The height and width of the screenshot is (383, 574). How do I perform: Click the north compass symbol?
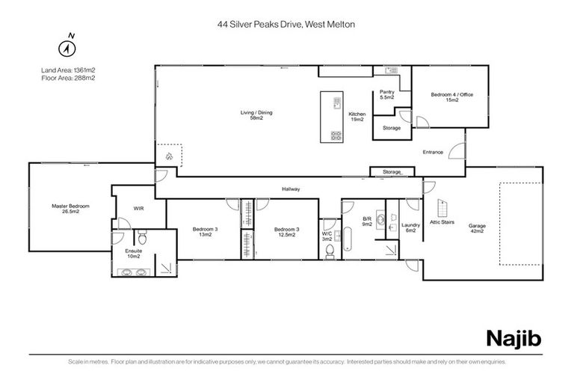(70, 46)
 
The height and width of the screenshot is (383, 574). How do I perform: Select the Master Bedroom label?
(70, 209)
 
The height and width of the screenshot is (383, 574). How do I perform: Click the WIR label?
(138, 208)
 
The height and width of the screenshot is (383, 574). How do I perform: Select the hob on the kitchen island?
(336, 136)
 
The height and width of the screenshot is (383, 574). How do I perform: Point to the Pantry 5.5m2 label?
(386, 95)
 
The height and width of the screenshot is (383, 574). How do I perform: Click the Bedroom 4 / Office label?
(451, 97)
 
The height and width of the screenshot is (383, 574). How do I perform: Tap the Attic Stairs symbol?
(441, 212)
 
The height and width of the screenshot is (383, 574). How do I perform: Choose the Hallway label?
(291, 189)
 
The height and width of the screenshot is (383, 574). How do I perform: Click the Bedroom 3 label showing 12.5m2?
(284, 232)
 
